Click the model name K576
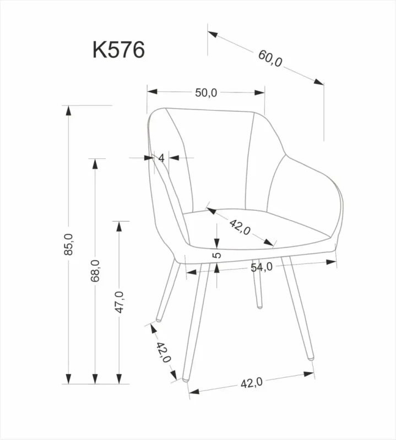pos(118,50)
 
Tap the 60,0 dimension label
pos(270,58)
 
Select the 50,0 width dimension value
pos(206,92)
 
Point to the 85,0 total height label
pos(68,244)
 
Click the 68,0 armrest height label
pos(95,271)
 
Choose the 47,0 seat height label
pos(120,302)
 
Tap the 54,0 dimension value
pos(262,267)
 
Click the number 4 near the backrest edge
pos(161,158)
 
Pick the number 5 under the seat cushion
pos(216,255)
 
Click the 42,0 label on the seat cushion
pos(240,227)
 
